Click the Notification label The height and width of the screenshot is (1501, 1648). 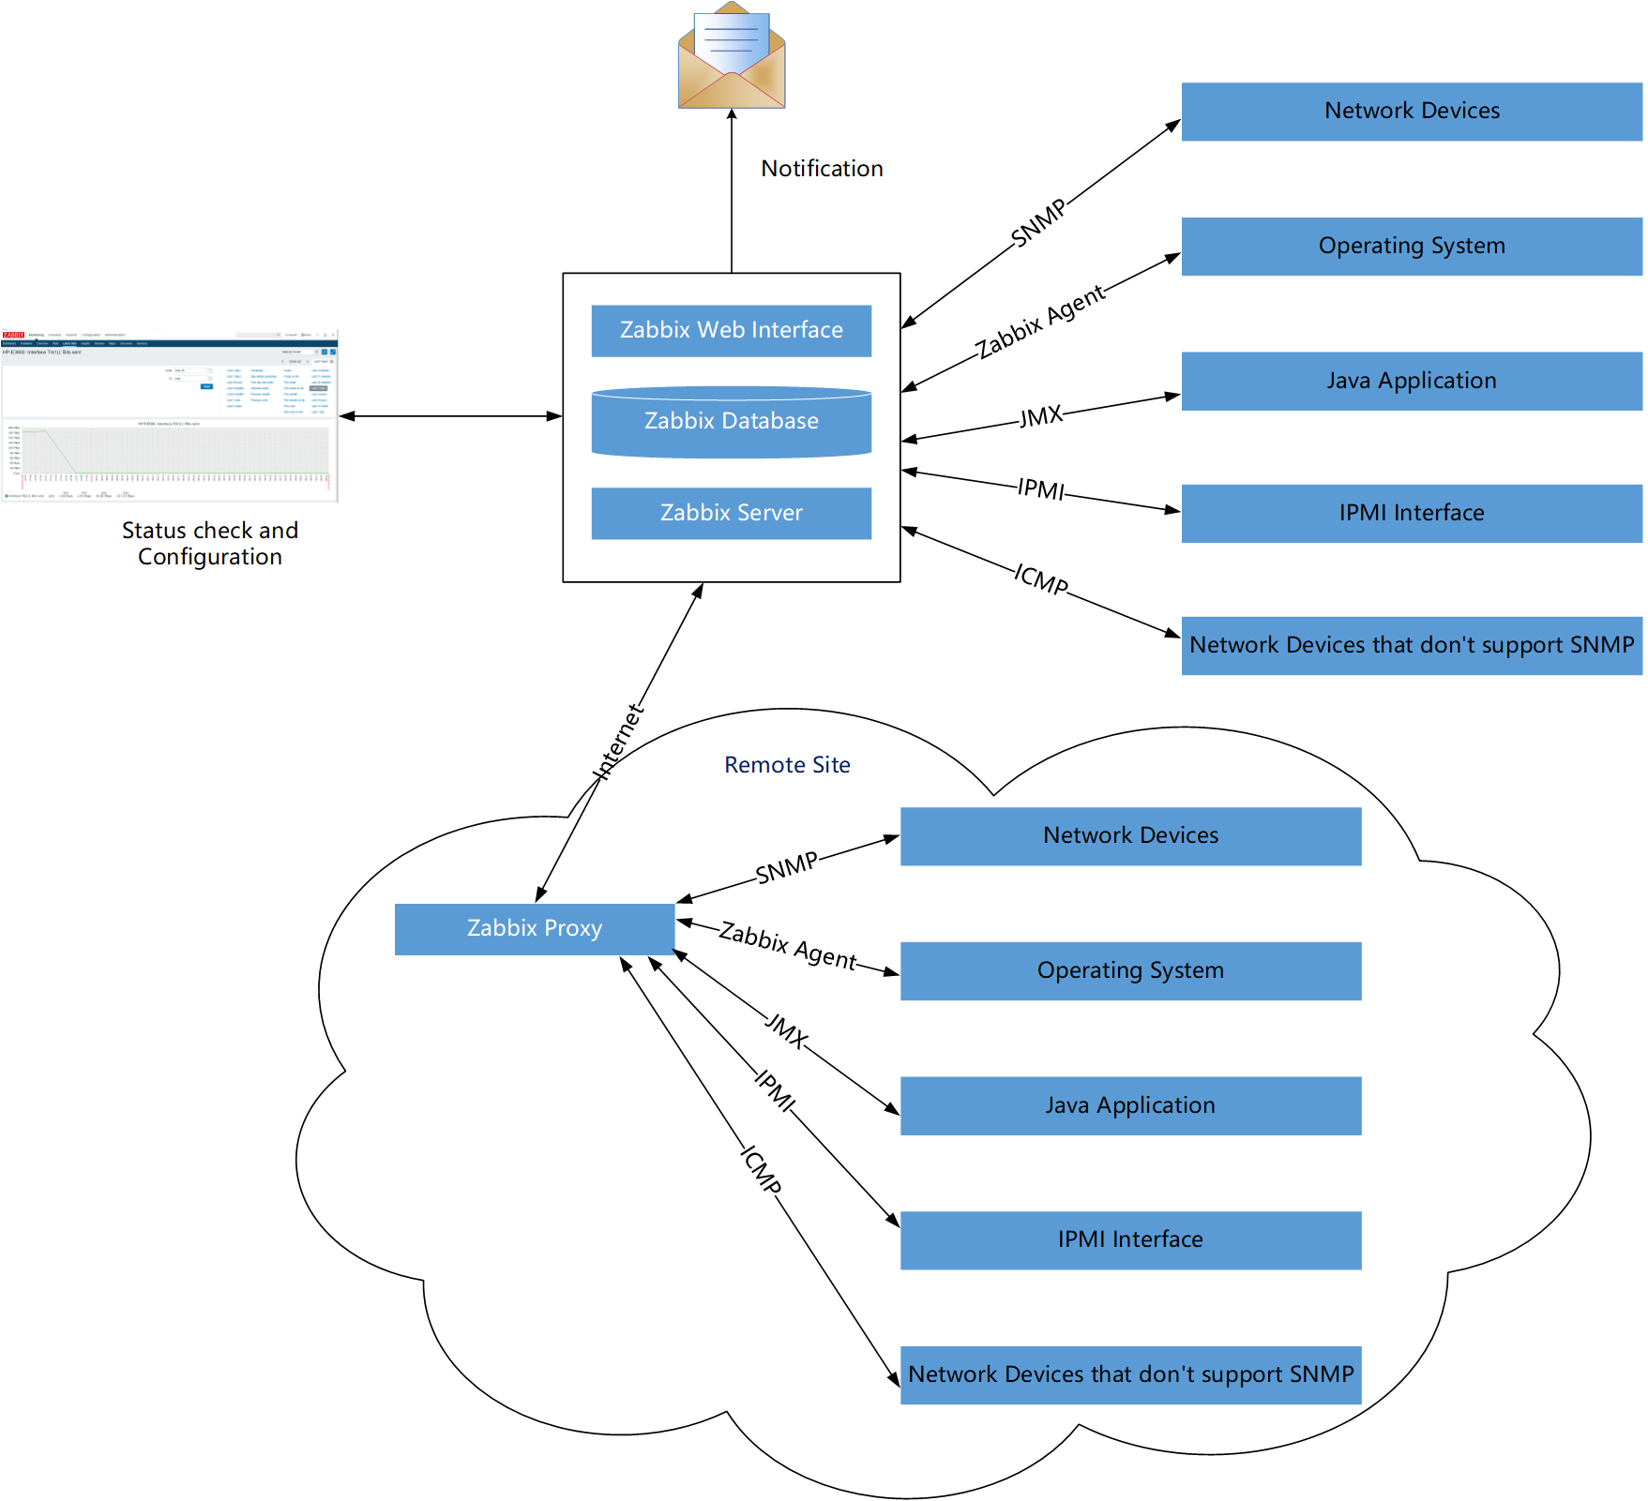click(x=822, y=169)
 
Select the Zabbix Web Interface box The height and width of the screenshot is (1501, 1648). click(x=731, y=330)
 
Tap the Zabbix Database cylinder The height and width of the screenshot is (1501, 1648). click(x=731, y=422)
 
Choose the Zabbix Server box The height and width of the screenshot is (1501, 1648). click(x=731, y=513)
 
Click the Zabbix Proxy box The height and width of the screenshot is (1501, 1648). click(x=535, y=928)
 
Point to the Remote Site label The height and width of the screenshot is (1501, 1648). click(x=787, y=765)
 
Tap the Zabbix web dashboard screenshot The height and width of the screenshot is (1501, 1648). click(x=170, y=415)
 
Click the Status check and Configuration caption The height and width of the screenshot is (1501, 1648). click(x=210, y=544)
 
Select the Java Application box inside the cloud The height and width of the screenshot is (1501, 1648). click(x=1130, y=1105)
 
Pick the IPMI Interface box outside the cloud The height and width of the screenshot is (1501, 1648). click(x=1411, y=513)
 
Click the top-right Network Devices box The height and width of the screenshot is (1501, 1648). click(x=1411, y=111)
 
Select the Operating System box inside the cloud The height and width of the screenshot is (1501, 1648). click(x=1130, y=970)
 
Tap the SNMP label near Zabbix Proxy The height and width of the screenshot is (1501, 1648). click(x=786, y=868)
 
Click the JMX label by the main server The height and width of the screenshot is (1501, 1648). click(x=1041, y=416)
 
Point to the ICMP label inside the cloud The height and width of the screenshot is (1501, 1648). click(x=762, y=1169)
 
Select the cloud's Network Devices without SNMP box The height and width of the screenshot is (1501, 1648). click(x=1130, y=1374)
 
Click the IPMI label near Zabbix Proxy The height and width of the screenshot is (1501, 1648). click(x=775, y=1090)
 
